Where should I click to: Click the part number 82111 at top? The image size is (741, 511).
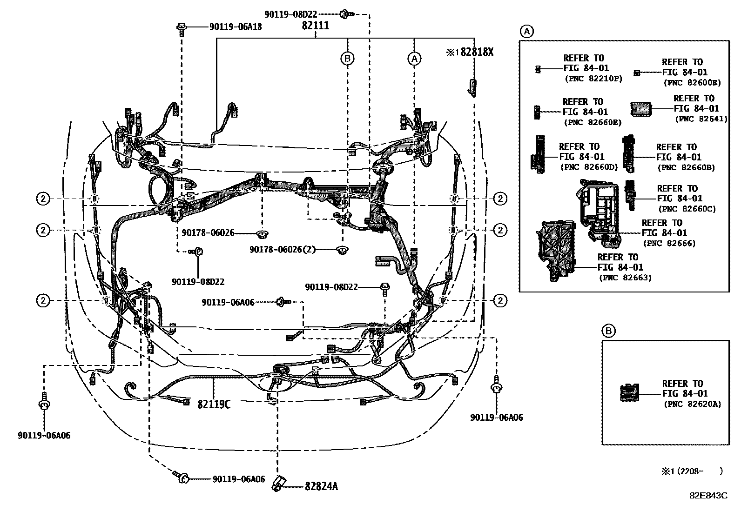tap(315, 26)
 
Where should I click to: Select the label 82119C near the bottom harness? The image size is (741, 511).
tap(214, 404)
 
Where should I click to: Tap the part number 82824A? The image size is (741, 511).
tap(321, 486)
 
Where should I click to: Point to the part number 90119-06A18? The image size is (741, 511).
tap(235, 27)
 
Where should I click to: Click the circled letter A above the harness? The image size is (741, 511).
tap(414, 59)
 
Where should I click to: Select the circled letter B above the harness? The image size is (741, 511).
tap(347, 59)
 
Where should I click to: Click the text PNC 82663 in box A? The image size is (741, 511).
tap(625, 278)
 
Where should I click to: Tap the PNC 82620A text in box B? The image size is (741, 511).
tap(692, 404)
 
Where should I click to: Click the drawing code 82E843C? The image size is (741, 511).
tap(708, 496)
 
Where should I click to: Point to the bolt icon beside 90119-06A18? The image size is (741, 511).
tap(182, 28)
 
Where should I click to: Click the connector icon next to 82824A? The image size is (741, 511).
tap(278, 483)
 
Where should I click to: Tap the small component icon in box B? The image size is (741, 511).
tap(630, 393)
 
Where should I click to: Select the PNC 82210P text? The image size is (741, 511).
tap(593, 79)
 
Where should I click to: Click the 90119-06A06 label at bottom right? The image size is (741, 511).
tap(496, 418)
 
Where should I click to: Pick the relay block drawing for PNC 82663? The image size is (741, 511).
tap(556, 251)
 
